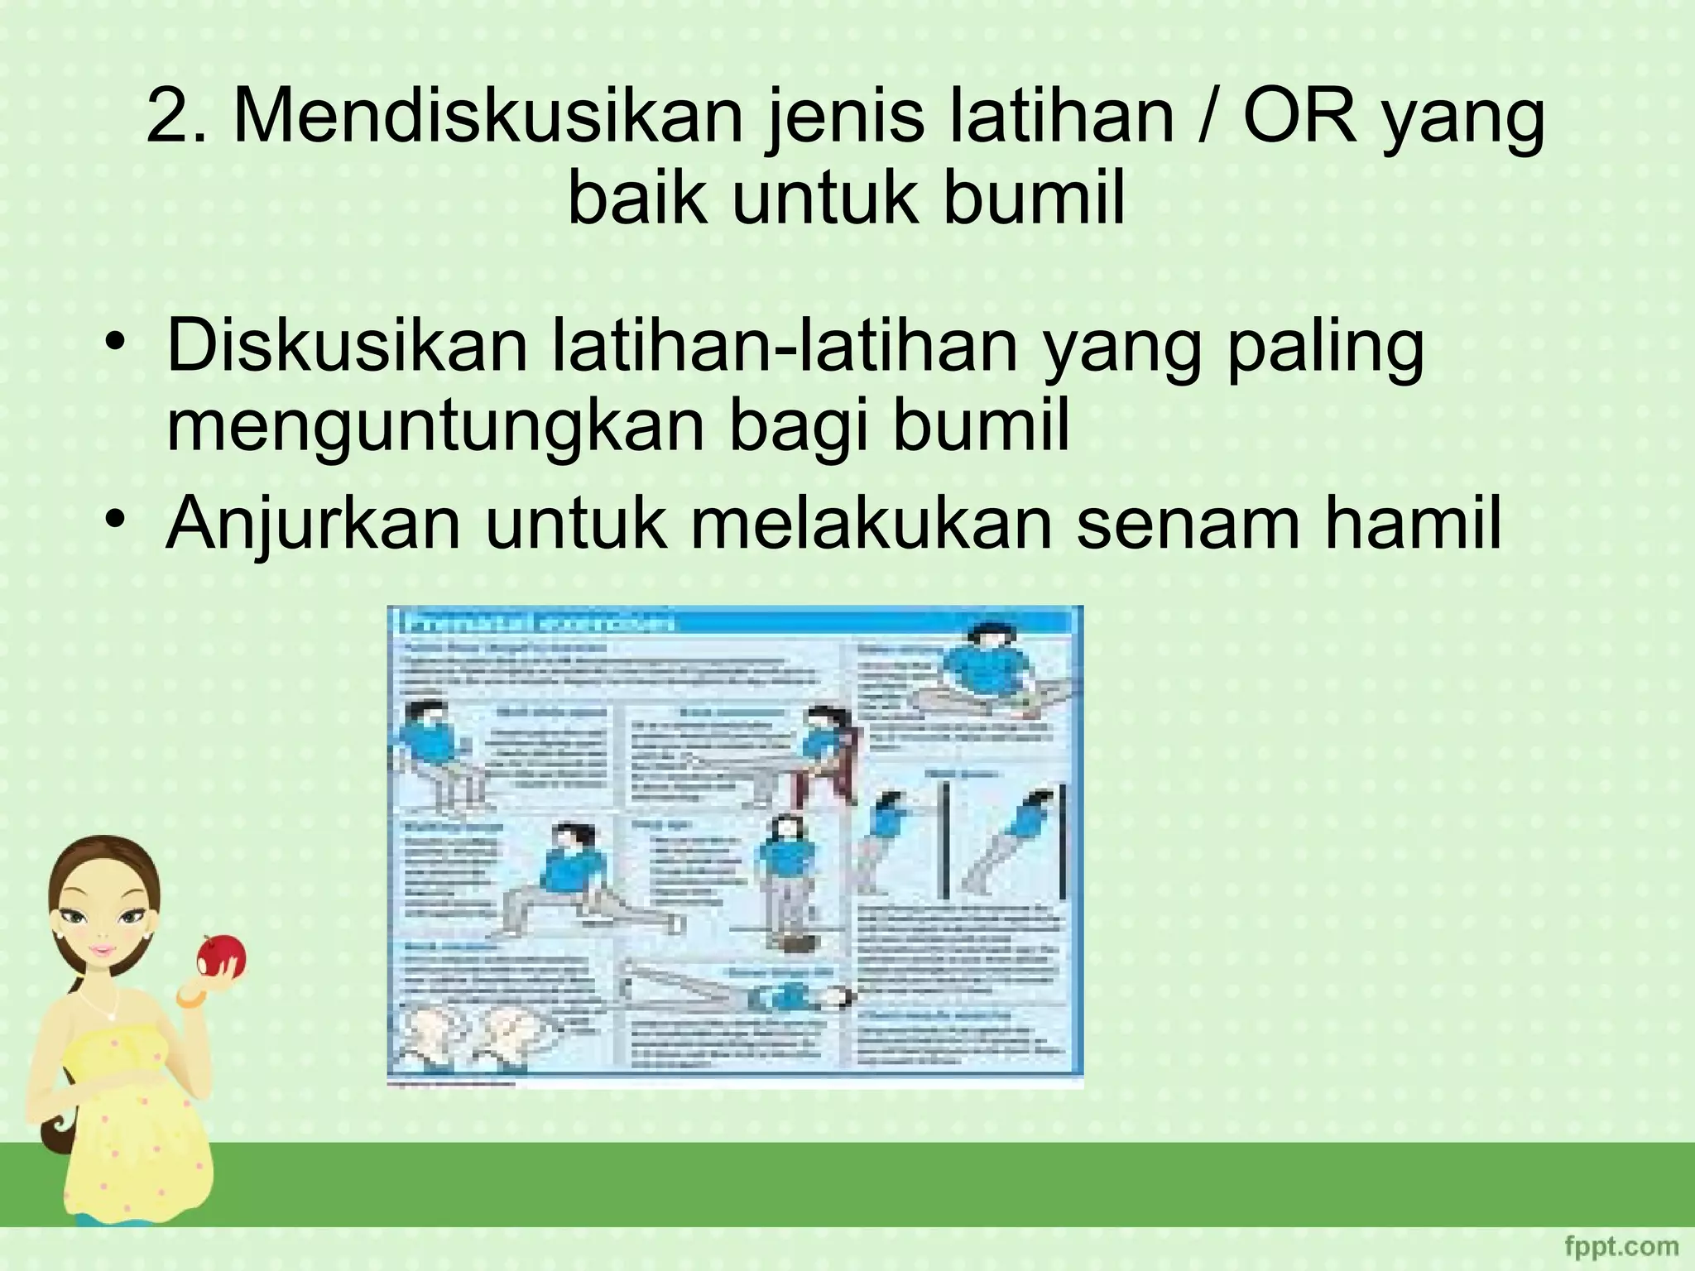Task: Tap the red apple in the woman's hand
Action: pyautogui.click(x=221, y=957)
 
